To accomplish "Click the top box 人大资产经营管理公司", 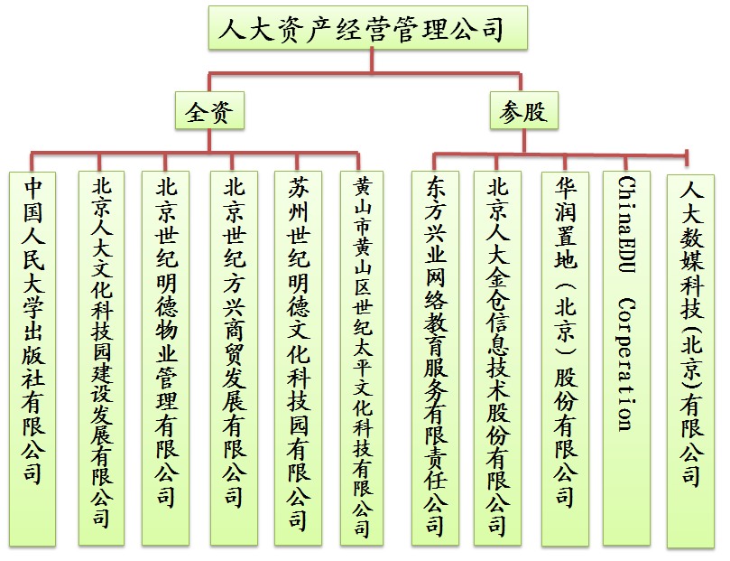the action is (x=368, y=27).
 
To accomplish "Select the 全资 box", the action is (x=209, y=110).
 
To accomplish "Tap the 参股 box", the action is (x=523, y=110).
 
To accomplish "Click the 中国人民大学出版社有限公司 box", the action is (x=32, y=359).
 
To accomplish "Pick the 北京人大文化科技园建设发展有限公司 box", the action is (x=101, y=359).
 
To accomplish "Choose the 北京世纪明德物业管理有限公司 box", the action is (x=166, y=359).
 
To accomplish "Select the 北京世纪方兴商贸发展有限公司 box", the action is (x=234, y=359).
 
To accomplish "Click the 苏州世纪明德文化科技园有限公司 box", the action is (x=298, y=359).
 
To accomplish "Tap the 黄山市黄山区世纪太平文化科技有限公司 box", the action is (x=362, y=359).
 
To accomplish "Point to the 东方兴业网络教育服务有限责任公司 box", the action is (x=435, y=359).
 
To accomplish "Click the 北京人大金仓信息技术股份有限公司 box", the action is (x=497, y=359).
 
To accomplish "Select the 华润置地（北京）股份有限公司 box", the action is (x=565, y=359).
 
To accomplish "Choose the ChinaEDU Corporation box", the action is (x=626, y=359).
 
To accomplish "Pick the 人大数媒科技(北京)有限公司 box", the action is (x=691, y=361).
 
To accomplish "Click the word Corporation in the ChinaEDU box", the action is (x=626, y=365).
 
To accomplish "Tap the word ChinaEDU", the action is (x=626, y=224).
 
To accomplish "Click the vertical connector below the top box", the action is (x=372, y=61).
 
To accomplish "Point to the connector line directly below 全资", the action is (x=209, y=140).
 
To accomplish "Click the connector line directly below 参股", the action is (x=523, y=141).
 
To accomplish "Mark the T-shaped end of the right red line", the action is (x=688, y=157).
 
